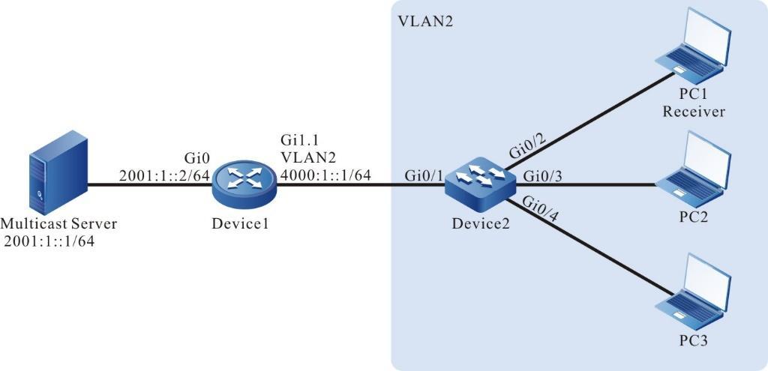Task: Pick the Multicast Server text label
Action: click(x=60, y=223)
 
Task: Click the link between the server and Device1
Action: click(x=150, y=186)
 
